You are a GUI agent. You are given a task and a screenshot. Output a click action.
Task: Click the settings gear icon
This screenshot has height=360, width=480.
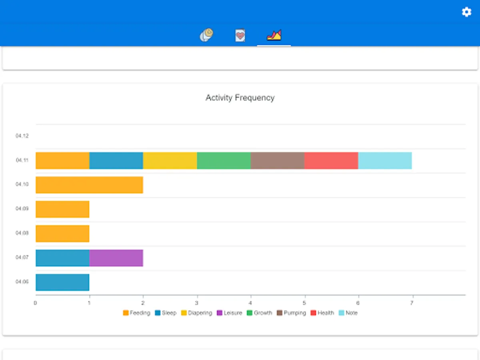click(x=466, y=12)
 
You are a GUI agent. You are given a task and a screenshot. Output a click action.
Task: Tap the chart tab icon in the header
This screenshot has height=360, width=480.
click(x=274, y=35)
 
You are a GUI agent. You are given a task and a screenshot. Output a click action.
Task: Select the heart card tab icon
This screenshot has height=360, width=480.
click(x=240, y=35)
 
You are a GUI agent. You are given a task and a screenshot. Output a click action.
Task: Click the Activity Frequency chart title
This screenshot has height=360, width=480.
click(x=240, y=98)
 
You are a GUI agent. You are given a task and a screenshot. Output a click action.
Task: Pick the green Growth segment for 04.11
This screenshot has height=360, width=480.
click(x=224, y=160)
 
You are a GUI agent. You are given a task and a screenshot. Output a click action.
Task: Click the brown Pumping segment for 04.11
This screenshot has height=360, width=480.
click(x=277, y=160)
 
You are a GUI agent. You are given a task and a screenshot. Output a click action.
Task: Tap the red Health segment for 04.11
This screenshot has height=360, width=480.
click(x=331, y=160)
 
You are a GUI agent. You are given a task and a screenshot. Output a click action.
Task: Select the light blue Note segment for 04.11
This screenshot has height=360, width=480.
click(x=385, y=160)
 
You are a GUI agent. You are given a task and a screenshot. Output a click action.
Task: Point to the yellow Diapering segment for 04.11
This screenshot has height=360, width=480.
click(x=170, y=160)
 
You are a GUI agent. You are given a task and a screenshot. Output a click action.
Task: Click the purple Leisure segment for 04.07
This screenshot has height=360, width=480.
click(x=116, y=258)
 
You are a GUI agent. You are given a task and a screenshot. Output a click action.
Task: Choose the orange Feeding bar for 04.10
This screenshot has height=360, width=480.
click(x=89, y=185)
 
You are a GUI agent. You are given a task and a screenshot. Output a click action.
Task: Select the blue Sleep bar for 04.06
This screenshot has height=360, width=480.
click(x=62, y=282)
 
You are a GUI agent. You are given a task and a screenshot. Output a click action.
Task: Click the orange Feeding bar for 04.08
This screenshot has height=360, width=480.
click(x=62, y=234)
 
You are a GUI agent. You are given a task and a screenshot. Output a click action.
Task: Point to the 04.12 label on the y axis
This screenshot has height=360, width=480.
click(x=22, y=136)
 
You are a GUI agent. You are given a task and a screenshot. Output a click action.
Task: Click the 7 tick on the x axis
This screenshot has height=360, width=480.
click(x=412, y=303)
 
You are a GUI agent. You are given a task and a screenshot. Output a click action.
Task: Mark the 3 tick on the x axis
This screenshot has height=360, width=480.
click(x=197, y=303)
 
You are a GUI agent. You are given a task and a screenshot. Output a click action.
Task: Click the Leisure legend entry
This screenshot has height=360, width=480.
click(x=229, y=313)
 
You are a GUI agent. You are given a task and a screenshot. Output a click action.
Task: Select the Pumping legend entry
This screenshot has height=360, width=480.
click(x=291, y=313)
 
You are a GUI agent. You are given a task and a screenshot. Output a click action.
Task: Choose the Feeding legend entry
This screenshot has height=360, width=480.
click(x=136, y=313)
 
